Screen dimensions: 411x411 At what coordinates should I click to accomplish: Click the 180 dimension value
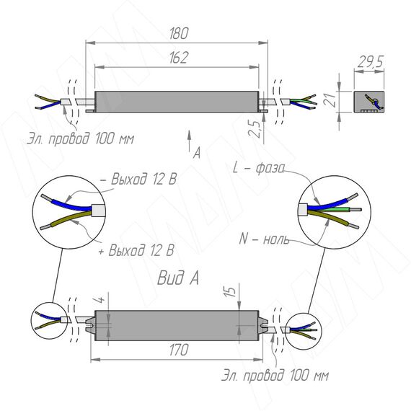click(179, 34)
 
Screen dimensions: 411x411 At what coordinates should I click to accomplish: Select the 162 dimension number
click(179, 58)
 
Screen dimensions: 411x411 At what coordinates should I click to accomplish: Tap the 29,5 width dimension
click(371, 62)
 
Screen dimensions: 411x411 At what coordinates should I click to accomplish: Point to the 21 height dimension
click(330, 100)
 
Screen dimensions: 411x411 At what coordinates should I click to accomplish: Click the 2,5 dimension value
click(255, 129)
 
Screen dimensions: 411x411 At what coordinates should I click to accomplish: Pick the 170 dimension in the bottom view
click(179, 350)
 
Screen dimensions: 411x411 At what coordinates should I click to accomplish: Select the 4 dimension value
click(100, 299)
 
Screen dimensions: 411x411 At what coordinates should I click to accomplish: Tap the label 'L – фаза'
click(259, 168)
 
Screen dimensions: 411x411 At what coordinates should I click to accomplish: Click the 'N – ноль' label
click(264, 239)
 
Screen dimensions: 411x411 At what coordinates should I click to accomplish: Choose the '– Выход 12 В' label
click(138, 179)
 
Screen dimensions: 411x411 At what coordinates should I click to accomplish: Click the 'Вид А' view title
click(178, 278)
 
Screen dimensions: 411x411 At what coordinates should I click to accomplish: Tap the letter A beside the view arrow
click(197, 153)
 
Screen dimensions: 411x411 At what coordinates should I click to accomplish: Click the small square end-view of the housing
click(369, 102)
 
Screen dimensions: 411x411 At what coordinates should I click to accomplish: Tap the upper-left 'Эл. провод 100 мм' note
click(81, 138)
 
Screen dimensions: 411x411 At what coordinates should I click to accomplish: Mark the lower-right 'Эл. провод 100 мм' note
click(275, 376)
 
